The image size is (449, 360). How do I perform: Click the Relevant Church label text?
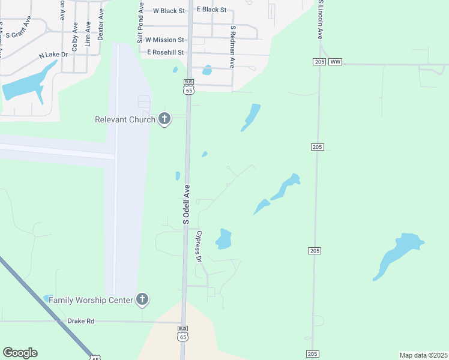(x=125, y=119)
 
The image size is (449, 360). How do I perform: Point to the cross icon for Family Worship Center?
(x=142, y=299)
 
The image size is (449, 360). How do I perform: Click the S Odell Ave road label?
(x=186, y=205)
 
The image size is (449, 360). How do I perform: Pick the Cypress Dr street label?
(x=199, y=247)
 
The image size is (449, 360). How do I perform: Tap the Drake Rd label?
(x=80, y=321)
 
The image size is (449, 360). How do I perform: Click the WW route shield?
(x=335, y=62)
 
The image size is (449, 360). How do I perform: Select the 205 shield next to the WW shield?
(x=319, y=62)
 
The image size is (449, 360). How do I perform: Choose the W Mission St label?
(x=165, y=40)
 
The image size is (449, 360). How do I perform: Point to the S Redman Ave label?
(x=232, y=47)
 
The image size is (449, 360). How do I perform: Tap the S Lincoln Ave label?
(x=321, y=20)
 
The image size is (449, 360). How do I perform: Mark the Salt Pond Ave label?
(x=140, y=24)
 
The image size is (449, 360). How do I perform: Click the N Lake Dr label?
(x=54, y=55)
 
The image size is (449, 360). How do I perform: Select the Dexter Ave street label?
(x=101, y=24)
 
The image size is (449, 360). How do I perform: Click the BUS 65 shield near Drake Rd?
(x=182, y=334)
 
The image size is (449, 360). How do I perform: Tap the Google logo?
(x=20, y=353)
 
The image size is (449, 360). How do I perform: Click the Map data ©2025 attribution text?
(x=423, y=355)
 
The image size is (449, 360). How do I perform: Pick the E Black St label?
(x=211, y=10)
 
